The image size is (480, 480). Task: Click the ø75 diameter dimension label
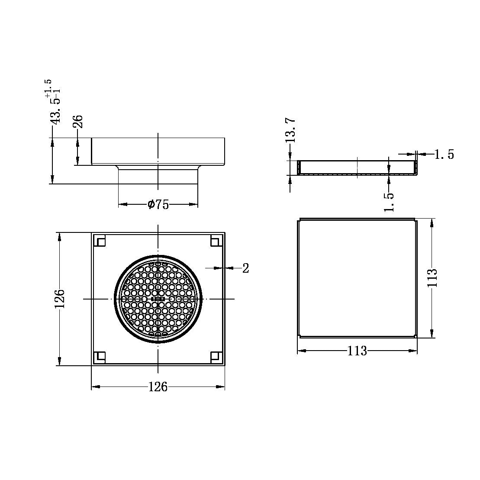(158, 205)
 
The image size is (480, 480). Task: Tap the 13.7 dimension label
(290, 130)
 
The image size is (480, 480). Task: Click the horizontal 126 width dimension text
(158, 387)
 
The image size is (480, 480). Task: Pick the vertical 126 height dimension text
(59, 299)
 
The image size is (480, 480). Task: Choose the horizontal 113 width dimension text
(357, 351)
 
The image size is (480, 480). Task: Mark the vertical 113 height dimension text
(432, 278)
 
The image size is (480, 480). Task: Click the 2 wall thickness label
(246, 268)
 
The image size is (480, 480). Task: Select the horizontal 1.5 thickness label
(444, 155)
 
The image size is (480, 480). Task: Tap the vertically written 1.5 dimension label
(390, 202)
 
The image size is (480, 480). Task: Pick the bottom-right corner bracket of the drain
(216, 357)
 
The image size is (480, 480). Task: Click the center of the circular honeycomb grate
(158, 299)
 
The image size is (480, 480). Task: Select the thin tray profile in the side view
(357, 168)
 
